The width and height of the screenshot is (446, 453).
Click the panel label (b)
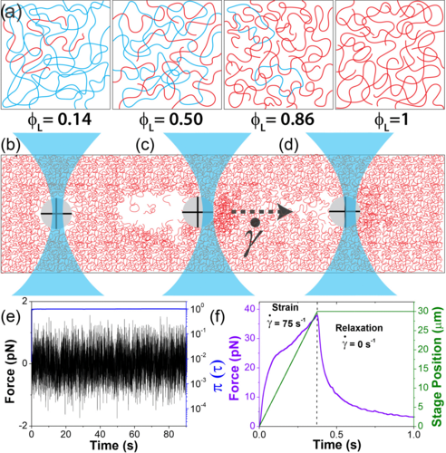[13, 145]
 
